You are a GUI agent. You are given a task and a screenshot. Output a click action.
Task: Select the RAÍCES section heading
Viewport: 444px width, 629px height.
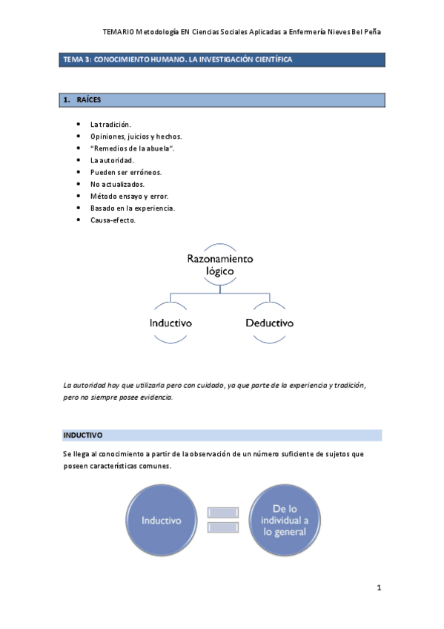pyautogui.click(x=88, y=99)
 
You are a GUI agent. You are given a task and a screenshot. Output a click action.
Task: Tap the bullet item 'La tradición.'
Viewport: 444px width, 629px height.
pyautogui.click(x=110, y=125)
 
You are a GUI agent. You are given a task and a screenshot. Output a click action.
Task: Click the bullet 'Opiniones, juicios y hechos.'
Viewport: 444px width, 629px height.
pyautogui.click(x=136, y=136)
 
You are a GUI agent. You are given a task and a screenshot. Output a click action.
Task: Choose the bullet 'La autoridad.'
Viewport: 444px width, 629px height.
pyautogui.click(x=112, y=160)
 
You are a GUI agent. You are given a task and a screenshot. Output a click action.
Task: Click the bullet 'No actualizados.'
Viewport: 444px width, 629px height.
pyautogui.click(x=117, y=184)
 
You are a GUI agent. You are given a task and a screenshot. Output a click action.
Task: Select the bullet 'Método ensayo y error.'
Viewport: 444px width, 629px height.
pyautogui.click(x=129, y=197)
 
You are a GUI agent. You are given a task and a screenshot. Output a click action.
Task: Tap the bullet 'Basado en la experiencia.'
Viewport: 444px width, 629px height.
pyautogui.click(x=133, y=208)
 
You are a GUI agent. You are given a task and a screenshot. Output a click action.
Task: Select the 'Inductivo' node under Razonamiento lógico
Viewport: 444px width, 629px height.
pyautogui.click(x=170, y=323)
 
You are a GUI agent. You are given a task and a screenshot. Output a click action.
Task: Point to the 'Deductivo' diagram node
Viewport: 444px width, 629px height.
pyautogui.click(x=269, y=323)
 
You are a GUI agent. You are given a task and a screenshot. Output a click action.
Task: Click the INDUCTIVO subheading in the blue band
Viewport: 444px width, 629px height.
pyautogui.click(x=83, y=435)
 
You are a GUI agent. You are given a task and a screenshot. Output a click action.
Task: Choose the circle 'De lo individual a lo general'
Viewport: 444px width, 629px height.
pyautogui.click(x=284, y=521)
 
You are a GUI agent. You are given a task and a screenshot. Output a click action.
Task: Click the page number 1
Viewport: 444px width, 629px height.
pyautogui.click(x=379, y=588)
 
